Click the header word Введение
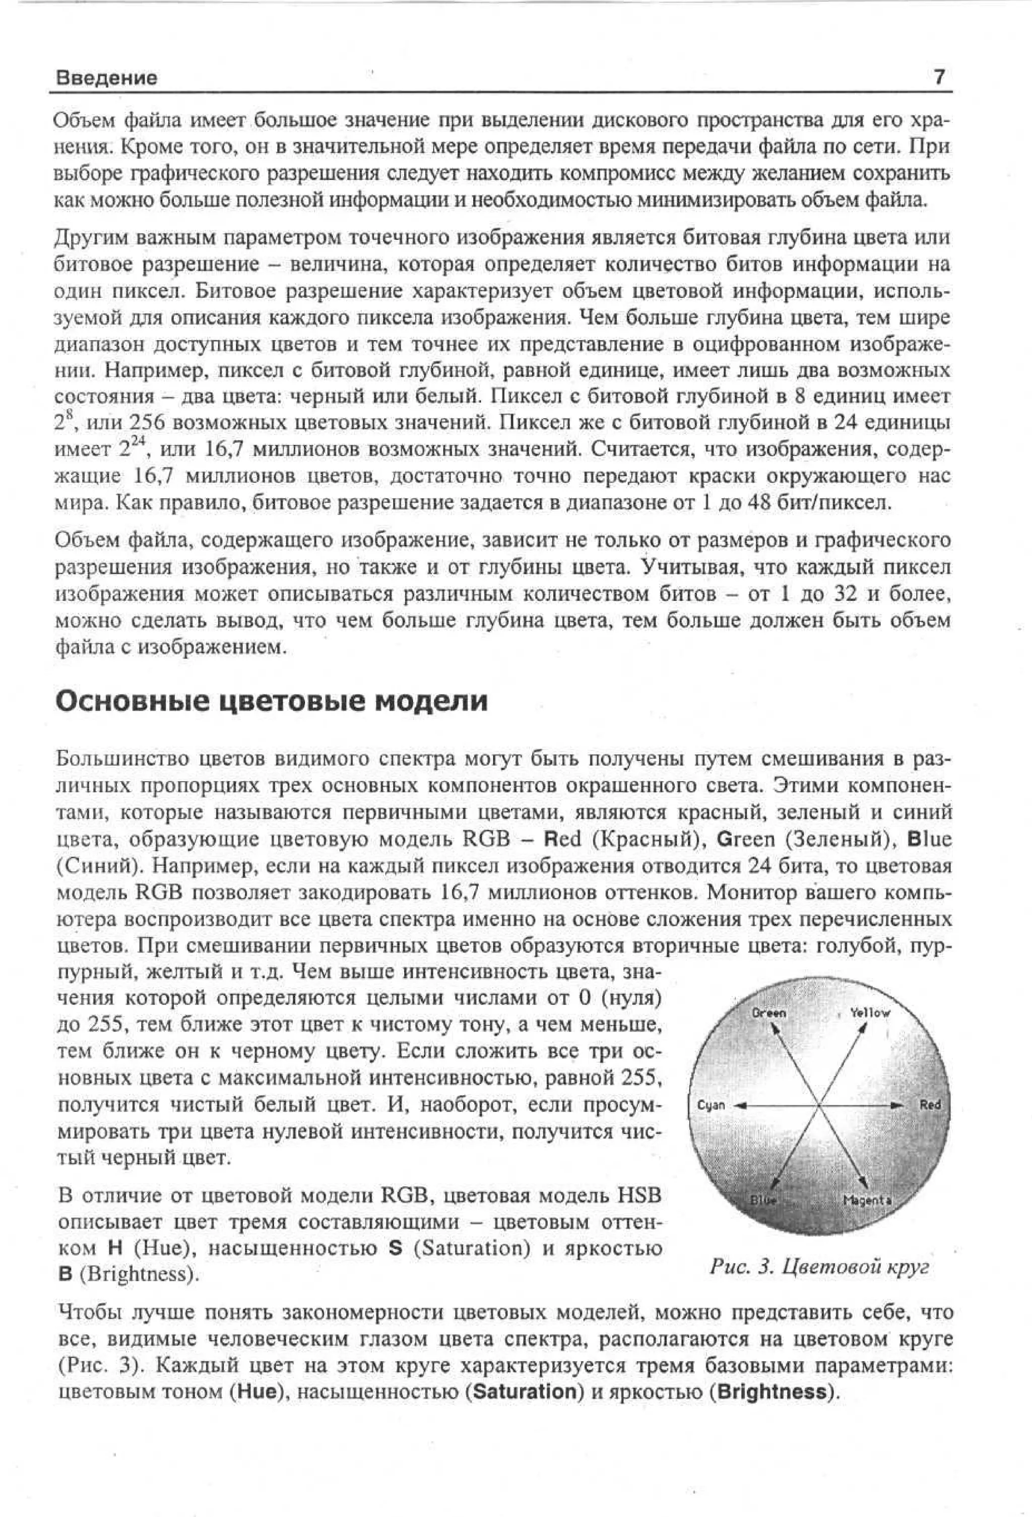106,78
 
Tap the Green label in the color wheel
769,1013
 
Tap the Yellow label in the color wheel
869,1013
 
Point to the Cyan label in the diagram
711,1105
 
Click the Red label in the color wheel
930,1104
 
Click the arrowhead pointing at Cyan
740,1106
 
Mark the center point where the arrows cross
818,1106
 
